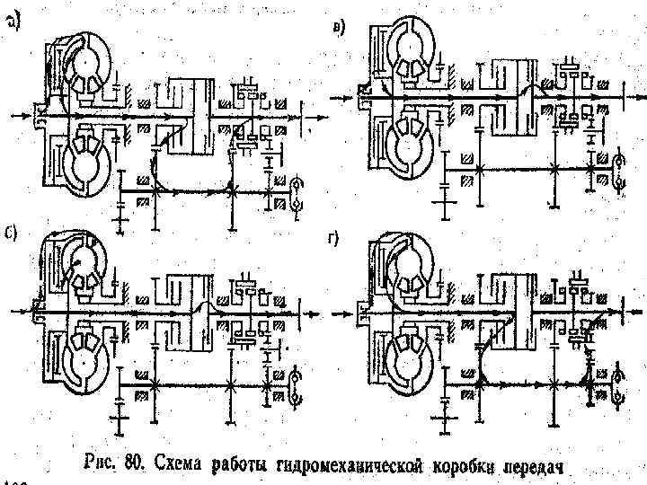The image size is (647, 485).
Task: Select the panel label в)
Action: [336, 28]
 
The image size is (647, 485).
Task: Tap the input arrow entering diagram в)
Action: [343, 93]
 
